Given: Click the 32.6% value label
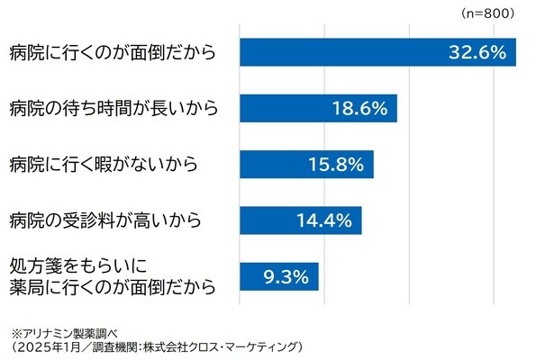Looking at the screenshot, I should (477, 53).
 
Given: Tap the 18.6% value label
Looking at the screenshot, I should (359, 109).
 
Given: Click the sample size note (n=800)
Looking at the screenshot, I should (486, 13).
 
